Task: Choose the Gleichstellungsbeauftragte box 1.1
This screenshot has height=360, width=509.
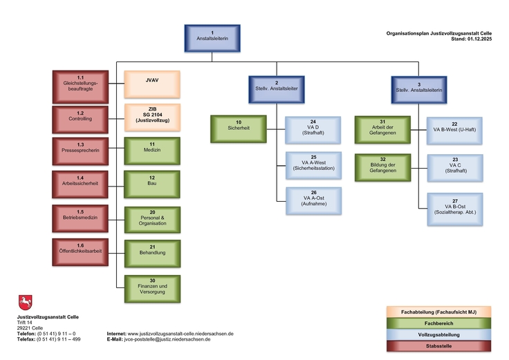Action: [x=80, y=84]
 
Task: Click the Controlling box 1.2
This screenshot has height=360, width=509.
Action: [x=80, y=117]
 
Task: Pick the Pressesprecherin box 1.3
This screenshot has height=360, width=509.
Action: [x=80, y=150]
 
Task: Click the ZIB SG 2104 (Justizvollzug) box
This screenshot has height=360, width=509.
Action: [x=151, y=117]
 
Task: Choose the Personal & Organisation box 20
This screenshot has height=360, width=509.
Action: [x=151, y=219]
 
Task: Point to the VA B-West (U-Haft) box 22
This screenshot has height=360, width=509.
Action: [x=454, y=128]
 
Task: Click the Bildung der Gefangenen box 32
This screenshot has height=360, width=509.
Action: [x=382, y=165]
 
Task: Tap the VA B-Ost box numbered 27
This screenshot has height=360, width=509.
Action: [x=454, y=207]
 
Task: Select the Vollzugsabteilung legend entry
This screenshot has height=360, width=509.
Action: [x=440, y=334]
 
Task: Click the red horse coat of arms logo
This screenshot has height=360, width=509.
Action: [x=25, y=303]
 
